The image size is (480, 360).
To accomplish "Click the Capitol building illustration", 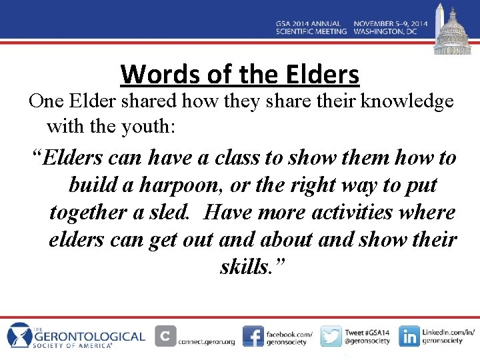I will [453, 33].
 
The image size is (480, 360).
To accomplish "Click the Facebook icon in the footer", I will [253, 336].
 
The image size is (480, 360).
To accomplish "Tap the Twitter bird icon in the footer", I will [331, 336].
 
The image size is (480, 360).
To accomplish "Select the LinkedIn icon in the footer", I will [409, 336].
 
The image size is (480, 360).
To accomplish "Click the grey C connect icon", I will [165, 336].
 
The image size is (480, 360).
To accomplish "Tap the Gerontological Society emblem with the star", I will [19, 335].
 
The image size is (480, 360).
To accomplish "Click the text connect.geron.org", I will [207, 342].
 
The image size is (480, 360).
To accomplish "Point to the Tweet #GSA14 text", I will [367, 332].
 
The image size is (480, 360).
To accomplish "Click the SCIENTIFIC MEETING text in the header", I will [311, 31].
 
